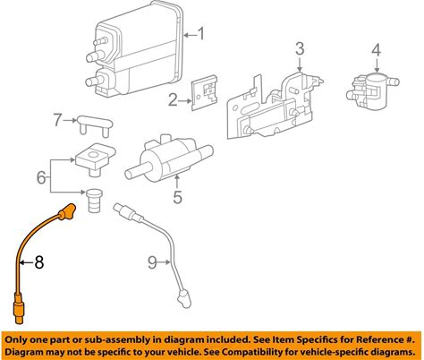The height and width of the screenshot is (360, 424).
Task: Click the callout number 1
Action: coord(201,34)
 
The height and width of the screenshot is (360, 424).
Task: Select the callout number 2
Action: coord(173,100)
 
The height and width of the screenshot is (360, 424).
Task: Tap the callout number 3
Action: coord(300,49)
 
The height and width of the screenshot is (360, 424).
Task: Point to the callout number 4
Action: coord(377,50)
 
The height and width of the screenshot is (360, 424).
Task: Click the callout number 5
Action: coord(178,197)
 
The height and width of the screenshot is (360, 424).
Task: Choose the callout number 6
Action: coord(41,177)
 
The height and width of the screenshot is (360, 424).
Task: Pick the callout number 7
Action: coord(58,120)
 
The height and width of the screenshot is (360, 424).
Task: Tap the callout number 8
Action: coord(39,262)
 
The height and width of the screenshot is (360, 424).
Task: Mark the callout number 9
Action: coord(152,262)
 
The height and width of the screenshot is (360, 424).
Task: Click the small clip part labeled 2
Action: coord(205,92)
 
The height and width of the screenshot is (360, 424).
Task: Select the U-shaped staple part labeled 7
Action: coord(95,126)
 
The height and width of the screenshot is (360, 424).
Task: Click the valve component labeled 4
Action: coord(372,88)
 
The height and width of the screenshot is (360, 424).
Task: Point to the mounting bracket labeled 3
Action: coord(275,106)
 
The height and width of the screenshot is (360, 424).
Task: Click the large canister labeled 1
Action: coord(135,49)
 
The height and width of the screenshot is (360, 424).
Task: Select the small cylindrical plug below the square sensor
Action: coord(95,201)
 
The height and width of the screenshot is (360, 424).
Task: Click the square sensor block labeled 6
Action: coord(95,159)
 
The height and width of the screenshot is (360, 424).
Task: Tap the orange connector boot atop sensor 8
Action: coord(67,211)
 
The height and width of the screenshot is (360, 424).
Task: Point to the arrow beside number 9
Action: coord(165,262)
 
